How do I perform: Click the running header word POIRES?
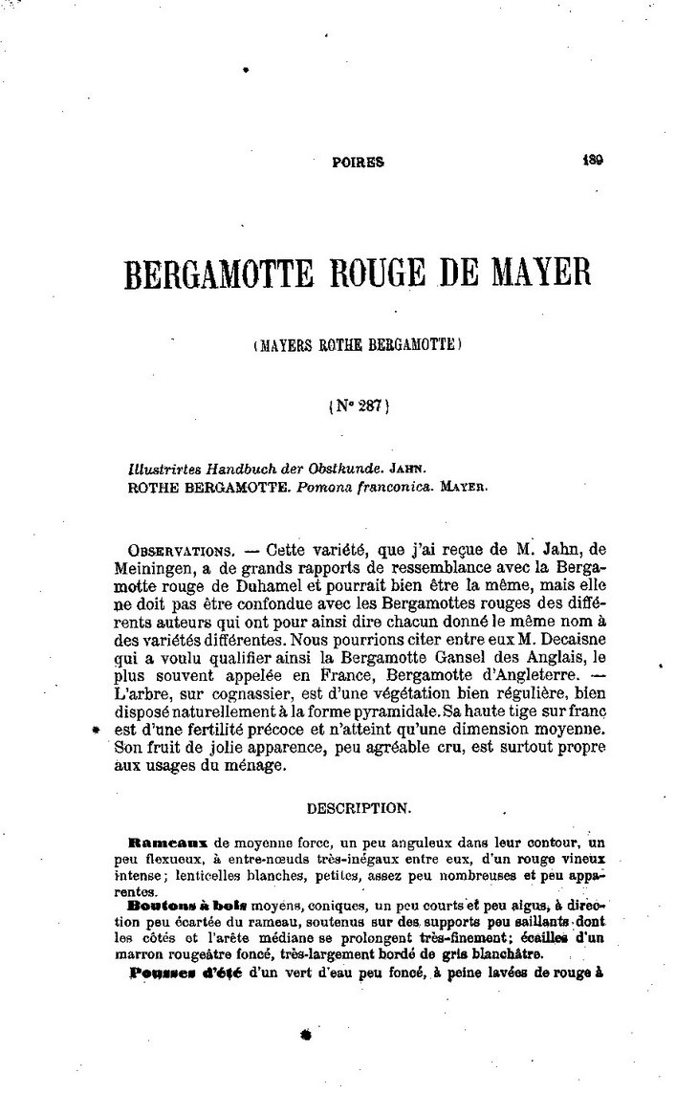[358, 162]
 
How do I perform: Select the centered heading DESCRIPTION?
[359, 808]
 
